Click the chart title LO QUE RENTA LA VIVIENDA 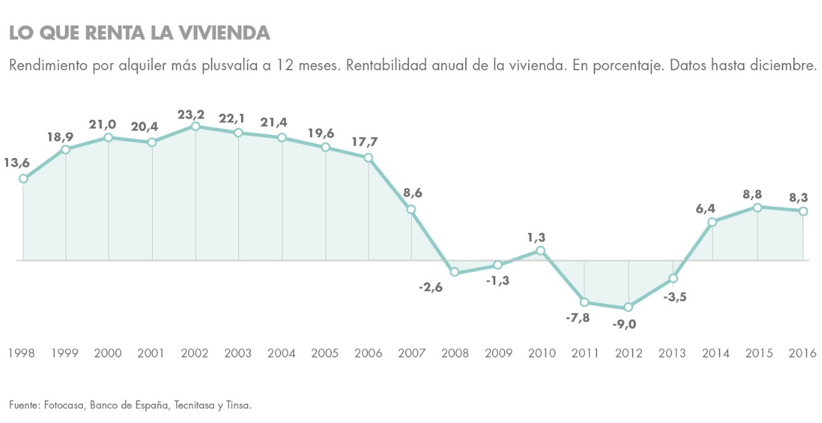click(x=139, y=33)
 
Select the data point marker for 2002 click(x=195, y=126)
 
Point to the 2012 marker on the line click(x=628, y=307)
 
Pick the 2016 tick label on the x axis click(x=802, y=353)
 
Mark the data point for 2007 click(x=412, y=209)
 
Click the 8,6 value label click(x=412, y=193)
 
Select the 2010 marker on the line click(x=541, y=251)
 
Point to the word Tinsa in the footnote click(x=237, y=405)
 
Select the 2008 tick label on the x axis click(x=455, y=353)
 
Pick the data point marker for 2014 click(x=713, y=222)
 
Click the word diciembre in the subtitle click(x=790, y=66)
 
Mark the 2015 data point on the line click(x=757, y=207)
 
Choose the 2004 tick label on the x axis click(x=282, y=353)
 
